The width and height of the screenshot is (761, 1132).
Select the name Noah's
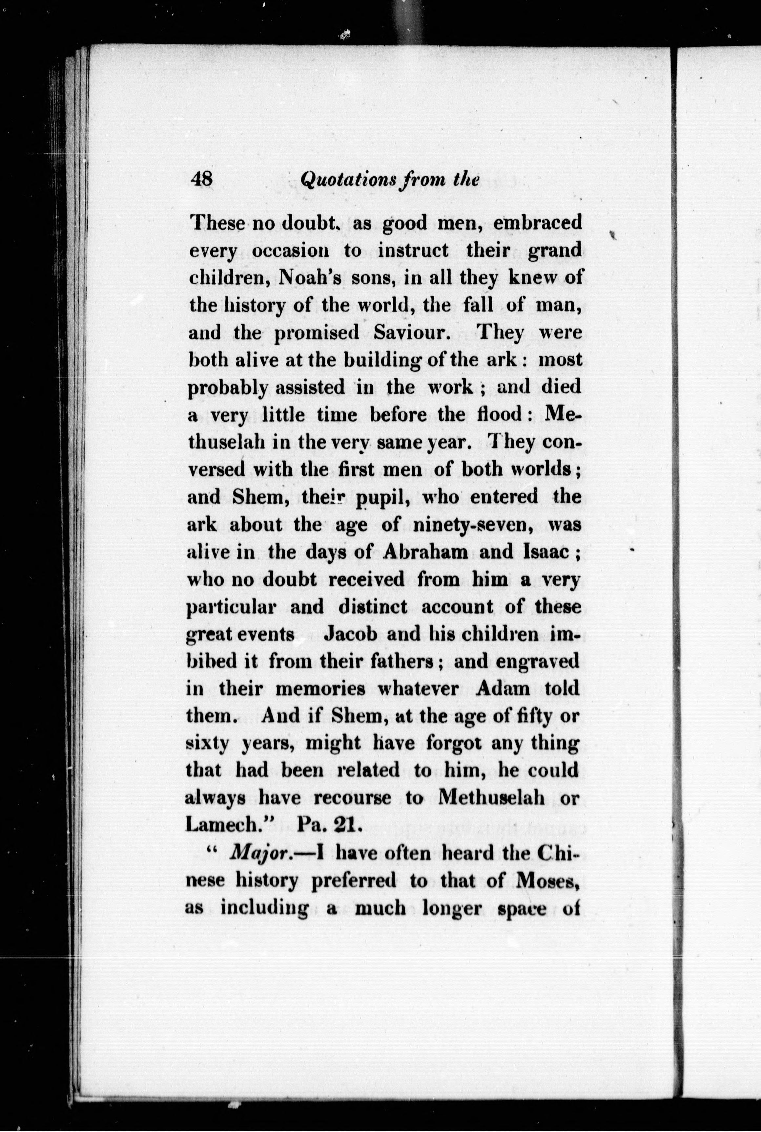click(x=308, y=278)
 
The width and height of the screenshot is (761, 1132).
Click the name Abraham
click(x=426, y=552)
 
